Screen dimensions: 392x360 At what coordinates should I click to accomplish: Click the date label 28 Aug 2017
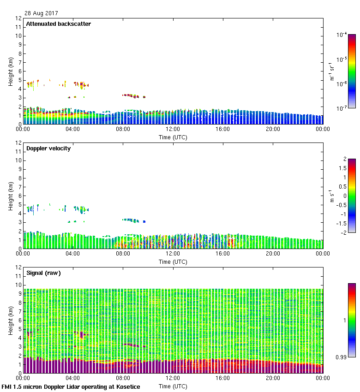click(42, 13)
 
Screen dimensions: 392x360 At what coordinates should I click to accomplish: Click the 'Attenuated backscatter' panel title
click(59, 24)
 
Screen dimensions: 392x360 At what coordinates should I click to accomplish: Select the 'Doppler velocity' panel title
click(48, 148)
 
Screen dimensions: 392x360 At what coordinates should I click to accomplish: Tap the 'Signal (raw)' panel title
click(43, 273)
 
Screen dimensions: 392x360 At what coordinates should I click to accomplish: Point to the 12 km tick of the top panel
click(19, 18)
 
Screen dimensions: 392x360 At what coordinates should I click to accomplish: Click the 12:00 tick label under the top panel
click(173, 130)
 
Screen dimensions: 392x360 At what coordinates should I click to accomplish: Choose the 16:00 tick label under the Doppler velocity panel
click(223, 254)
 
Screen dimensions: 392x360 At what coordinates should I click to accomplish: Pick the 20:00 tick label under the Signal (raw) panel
click(273, 379)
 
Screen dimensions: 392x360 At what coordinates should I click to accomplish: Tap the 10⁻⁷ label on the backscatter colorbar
click(342, 108)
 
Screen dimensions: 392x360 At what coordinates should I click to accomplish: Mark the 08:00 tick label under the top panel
click(123, 130)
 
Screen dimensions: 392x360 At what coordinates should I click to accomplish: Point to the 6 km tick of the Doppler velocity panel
click(20, 196)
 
